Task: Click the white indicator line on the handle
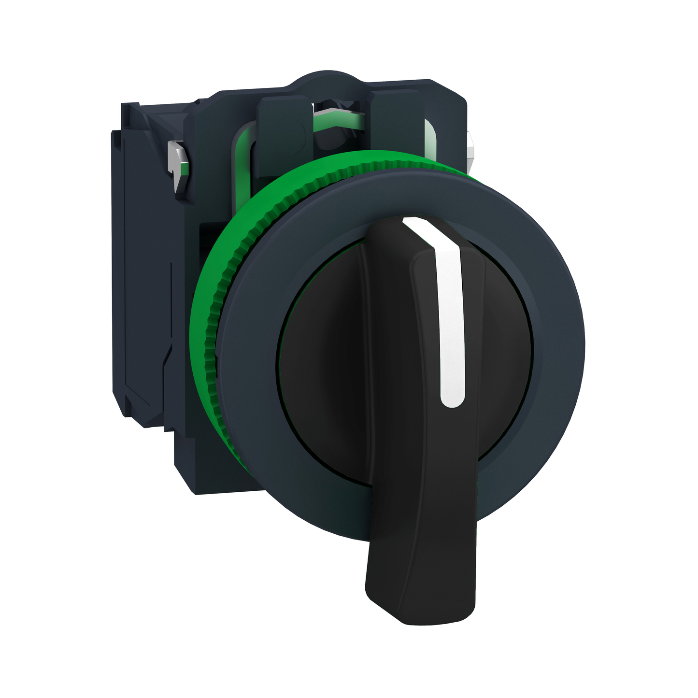(x=449, y=314)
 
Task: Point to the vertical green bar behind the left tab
(x=244, y=159)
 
